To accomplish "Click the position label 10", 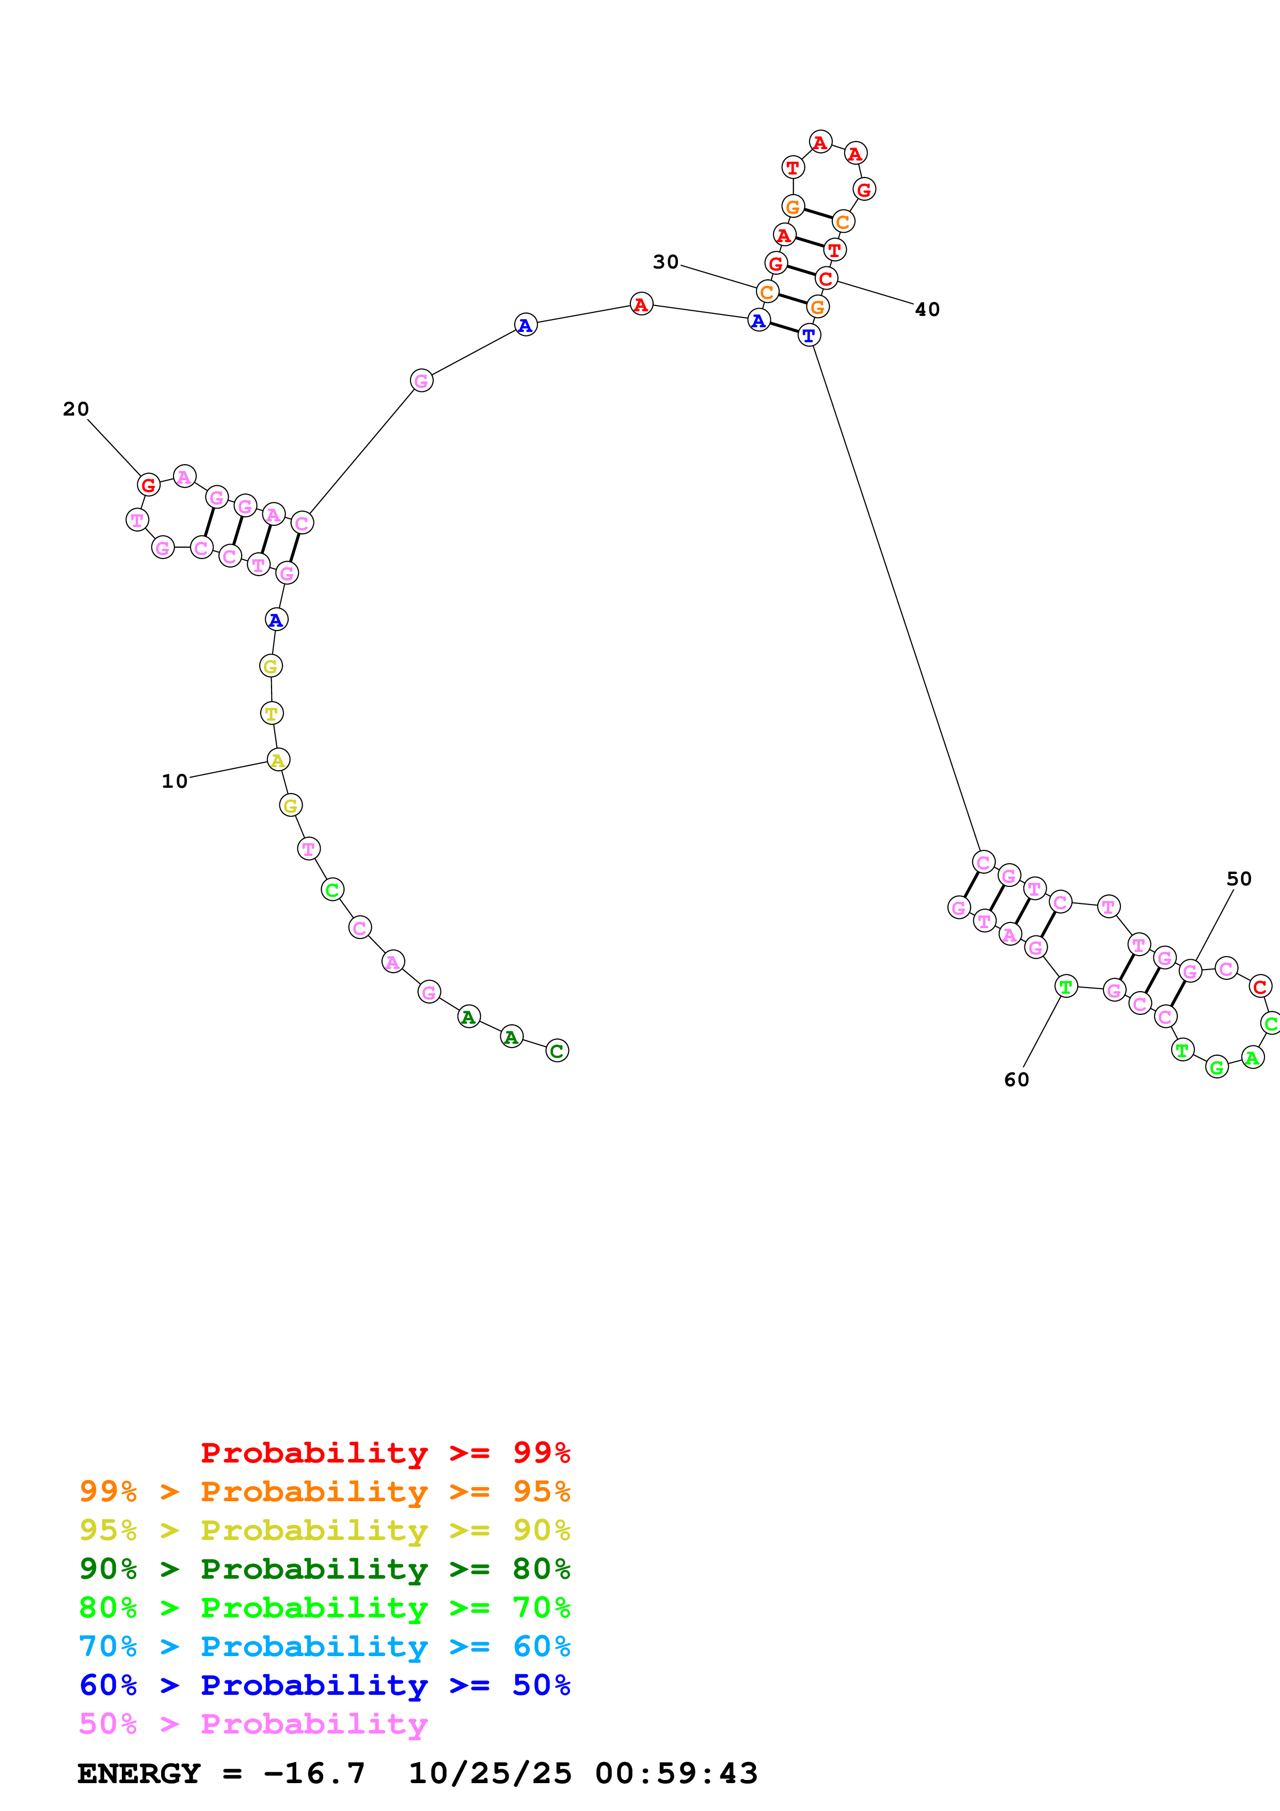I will (175, 781).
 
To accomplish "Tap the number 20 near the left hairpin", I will (76, 408).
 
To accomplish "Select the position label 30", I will (666, 262).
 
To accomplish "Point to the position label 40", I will (927, 309).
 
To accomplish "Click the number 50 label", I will (1239, 879).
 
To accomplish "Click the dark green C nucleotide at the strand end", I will (557, 1051).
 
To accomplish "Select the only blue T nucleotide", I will (809, 335).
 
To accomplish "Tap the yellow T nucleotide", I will (271, 713).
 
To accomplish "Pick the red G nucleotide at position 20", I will (148, 485).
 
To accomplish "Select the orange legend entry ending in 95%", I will (324, 1491).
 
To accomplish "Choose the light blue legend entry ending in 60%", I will (324, 1646).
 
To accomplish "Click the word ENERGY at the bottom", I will (139, 1773).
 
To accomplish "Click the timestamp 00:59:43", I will (676, 1773).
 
